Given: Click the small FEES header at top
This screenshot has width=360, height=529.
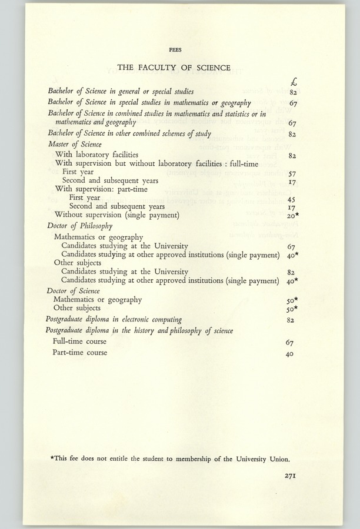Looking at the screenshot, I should pyautogui.click(x=174, y=50).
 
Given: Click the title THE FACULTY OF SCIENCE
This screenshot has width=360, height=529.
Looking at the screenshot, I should pyautogui.click(x=174, y=68).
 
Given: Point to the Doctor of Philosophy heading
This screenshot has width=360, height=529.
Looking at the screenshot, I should pyautogui.click(x=79, y=225).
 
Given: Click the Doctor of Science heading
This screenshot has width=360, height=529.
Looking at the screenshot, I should pyautogui.click(x=74, y=291).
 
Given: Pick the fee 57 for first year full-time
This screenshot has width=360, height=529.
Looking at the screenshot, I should pyautogui.click(x=291, y=174).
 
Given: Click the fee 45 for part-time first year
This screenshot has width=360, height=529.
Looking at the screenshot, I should pyautogui.click(x=291, y=199).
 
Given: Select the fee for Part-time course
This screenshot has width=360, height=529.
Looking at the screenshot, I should pyautogui.click(x=289, y=354).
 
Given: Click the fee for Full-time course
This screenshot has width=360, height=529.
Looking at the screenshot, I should pyautogui.click(x=289, y=342).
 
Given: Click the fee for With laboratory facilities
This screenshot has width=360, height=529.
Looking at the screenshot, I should pyautogui.click(x=291, y=156).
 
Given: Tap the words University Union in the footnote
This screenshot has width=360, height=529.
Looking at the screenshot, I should pyautogui.click(x=261, y=459).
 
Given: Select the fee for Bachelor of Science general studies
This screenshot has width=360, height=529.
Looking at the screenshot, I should pyautogui.click(x=291, y=92).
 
